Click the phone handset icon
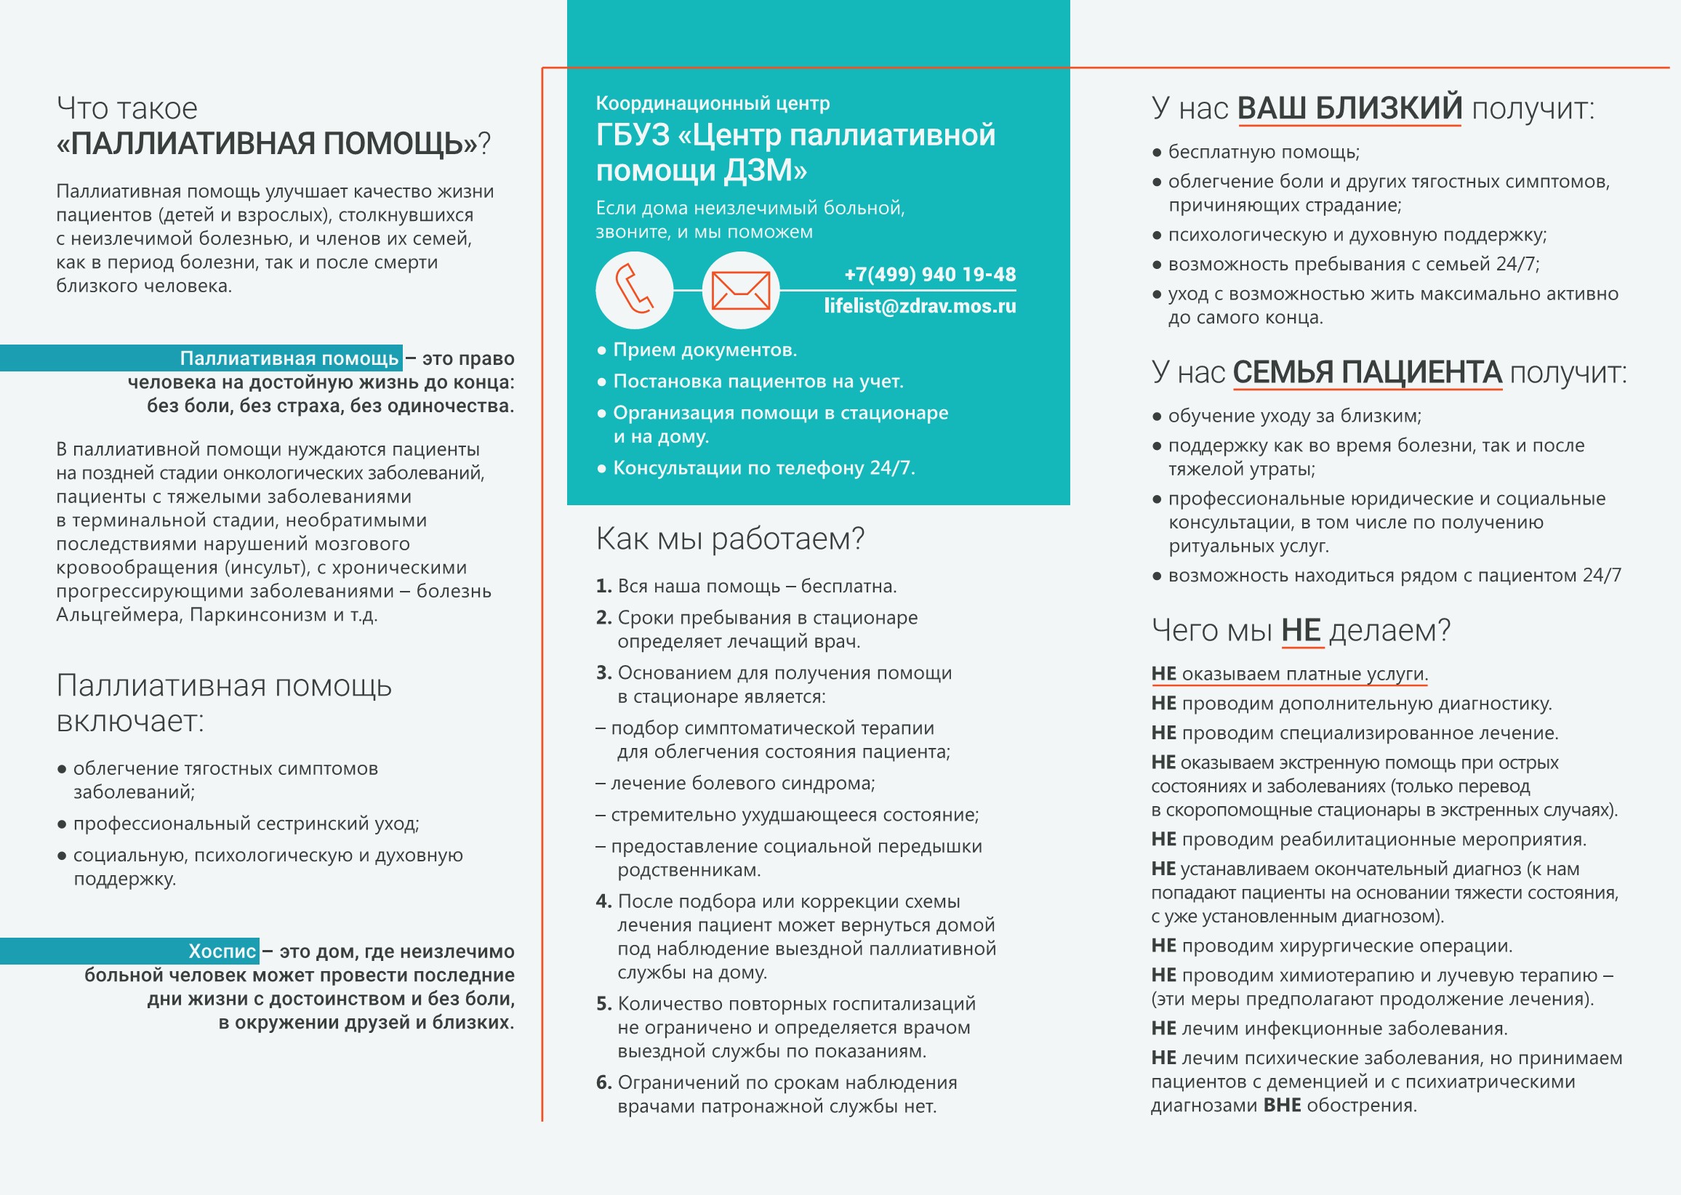tap(634, 290)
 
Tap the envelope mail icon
tap(740, 290)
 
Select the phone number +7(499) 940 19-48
tap(929, 275)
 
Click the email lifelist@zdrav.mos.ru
tap(919, 306)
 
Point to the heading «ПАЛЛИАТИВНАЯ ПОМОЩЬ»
tap(267, 143)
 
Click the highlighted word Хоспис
tap(222, 951)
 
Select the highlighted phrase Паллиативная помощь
tap(289, 358)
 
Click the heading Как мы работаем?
tap(729, 539)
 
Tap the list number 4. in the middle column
tap(603, 901)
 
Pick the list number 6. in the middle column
tap(603, 1082)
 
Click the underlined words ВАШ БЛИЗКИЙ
tap(1349, 108)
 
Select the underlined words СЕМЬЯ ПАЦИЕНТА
tap(1367, 372)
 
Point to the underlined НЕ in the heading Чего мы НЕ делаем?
tap(1301, 631)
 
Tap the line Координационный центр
tap(713, 104)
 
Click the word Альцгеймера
tap(119, 614)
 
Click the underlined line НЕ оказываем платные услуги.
tap(1288, 674)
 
